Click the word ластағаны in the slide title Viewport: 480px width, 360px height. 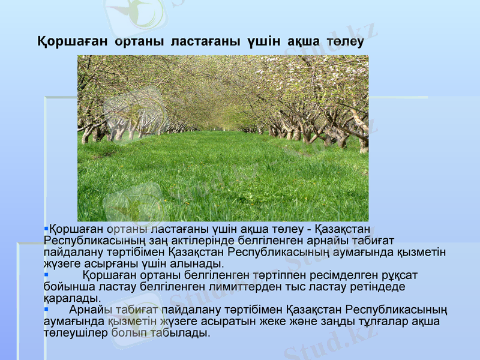pyautogui.click(x=204, y=43)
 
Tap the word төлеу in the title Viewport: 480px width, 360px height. pyautogui.click(x=345, y=43)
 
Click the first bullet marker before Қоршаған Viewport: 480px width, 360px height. pyautogui.click(x=46, y=229)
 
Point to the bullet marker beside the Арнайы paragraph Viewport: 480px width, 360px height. pyautogui.click(x=46, y=310)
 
